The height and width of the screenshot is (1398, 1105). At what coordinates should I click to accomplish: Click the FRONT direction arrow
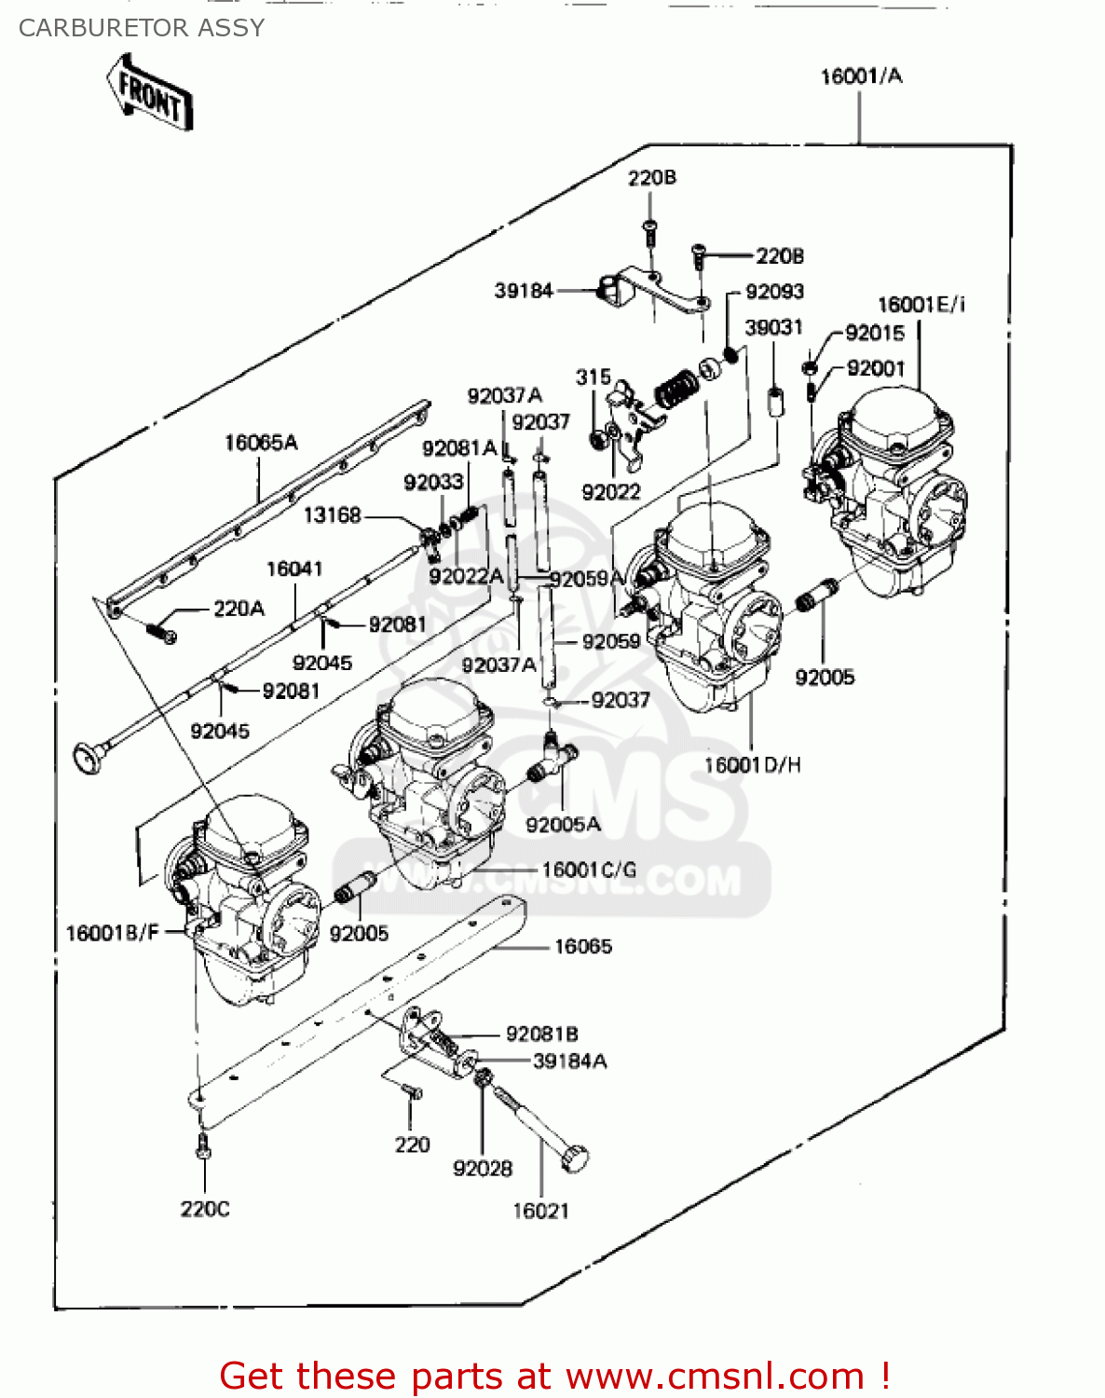(149, 92)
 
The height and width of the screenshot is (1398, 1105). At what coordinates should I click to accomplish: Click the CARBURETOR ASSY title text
(142, 28)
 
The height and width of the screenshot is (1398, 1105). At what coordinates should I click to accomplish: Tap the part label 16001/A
(860, 76)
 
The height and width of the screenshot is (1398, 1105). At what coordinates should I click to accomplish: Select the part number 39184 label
(524, 291)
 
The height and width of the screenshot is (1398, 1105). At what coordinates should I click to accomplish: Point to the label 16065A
(261, 443)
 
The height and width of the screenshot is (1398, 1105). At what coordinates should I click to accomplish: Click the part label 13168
(332, 515)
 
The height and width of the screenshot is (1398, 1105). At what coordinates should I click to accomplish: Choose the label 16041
(294, 569)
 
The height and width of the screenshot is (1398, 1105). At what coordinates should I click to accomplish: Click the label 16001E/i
(921, 305)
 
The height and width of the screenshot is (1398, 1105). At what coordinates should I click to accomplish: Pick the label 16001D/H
(752, 765)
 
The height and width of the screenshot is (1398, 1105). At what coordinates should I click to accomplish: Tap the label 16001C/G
(589, 870)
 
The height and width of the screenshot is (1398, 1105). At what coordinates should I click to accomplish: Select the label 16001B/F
(113, 933)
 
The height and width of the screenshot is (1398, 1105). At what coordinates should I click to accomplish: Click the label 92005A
(563, 825)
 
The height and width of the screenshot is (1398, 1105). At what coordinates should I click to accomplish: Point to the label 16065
(583, 947)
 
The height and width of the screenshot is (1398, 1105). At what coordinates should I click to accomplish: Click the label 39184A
(569, 1062)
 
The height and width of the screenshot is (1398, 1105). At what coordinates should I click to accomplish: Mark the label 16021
(540, 1211)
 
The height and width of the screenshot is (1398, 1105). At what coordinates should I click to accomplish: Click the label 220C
(205, 1209)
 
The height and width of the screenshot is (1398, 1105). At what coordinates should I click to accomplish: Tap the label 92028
(483, 1169)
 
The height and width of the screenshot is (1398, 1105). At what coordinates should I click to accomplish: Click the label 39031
(773, 327)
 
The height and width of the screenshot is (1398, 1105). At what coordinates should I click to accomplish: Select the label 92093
(774, 292)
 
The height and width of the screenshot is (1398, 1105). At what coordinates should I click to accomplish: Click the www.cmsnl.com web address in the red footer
(716, 1376)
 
